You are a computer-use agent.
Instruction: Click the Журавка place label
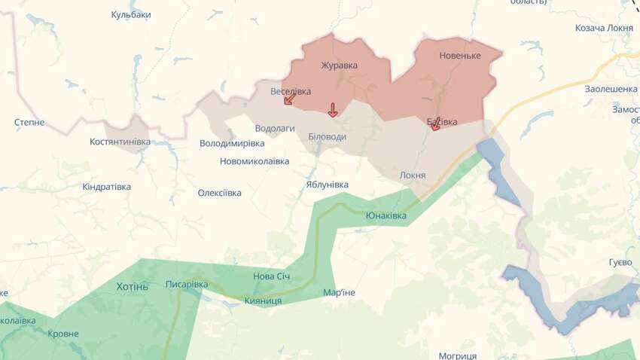point(339,65)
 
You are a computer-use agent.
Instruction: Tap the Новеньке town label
point(459,56)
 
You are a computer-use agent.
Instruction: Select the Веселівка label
point(291,91)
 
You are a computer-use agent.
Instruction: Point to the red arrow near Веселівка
point(289,99)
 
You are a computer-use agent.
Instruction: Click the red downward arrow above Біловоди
point(333,110)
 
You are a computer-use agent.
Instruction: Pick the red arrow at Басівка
point(435,125)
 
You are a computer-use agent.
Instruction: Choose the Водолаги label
point(275,129)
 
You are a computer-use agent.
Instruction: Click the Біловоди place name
point(328,136)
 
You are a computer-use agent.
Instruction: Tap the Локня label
point(413,175)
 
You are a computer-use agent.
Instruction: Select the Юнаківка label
point(386,216)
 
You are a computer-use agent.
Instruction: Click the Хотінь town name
point(133,286)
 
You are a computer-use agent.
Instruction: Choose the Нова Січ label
point(271,276)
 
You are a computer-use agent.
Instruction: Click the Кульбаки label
point(131,15)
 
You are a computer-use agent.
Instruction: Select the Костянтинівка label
point(120,142)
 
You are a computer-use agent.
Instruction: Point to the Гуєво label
point(620,262)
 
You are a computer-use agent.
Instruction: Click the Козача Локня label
point(604,28)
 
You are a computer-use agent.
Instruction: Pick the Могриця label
point(457,355)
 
